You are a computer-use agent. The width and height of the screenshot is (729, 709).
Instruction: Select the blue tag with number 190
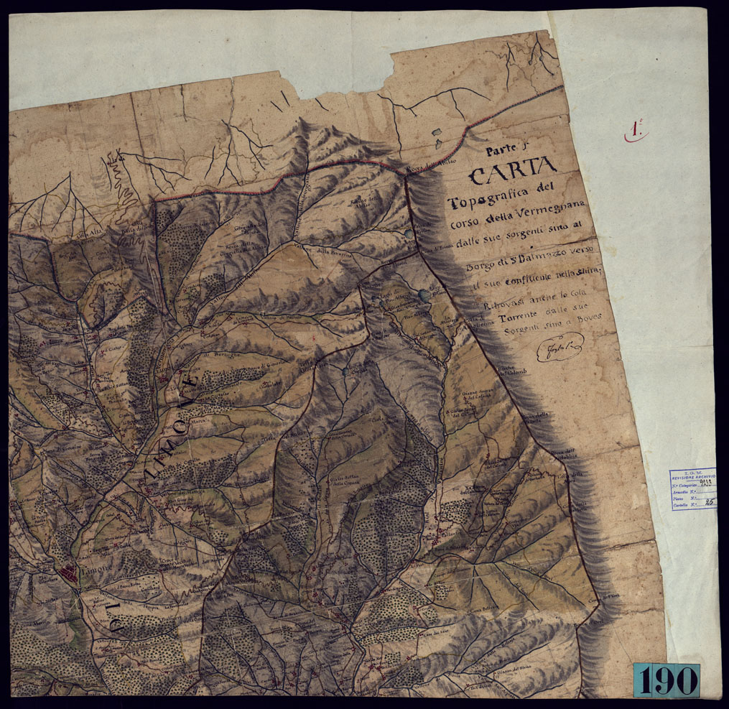point(666,679)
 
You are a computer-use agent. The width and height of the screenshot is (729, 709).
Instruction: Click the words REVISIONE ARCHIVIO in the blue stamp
point(693,476)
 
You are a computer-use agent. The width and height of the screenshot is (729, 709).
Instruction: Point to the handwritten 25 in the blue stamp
point(708,504)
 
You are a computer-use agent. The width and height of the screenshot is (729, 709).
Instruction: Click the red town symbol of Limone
point(70,573)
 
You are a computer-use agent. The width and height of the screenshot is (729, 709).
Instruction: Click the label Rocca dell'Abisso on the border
point(425,170)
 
